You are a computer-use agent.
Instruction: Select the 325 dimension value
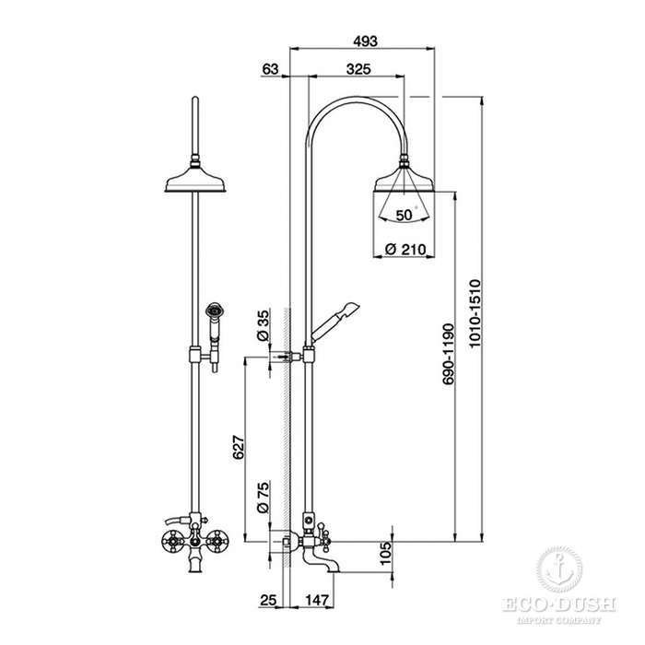coord(358,69)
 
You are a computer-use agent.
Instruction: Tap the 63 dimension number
coord(270,69)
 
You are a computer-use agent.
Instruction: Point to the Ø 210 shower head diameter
coord(405,249)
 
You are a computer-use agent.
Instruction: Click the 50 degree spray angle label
coord(404,215)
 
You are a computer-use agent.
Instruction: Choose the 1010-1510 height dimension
coord(475,313)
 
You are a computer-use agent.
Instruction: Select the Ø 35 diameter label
coord(263,326)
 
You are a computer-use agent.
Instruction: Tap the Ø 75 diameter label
coord(263,497)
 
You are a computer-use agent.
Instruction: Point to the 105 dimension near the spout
coord(386,553)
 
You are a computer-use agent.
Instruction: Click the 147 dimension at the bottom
coord(317,600)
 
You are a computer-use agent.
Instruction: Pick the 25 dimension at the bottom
coord(268,600)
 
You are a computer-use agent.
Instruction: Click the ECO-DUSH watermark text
coord(559,604)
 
